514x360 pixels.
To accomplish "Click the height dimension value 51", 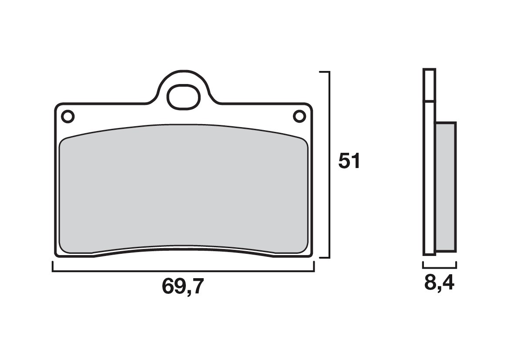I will pos(349,162).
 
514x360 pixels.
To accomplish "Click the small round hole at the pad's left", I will pos(68,117).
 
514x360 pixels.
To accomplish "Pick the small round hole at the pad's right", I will pos(299,116).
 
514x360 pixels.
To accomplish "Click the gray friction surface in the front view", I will pos(183,192).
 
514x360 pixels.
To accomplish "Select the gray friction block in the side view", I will pos(446,187).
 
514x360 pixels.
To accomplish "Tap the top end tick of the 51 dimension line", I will pos(324,71).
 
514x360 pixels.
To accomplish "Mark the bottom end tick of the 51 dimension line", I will pos(324,258).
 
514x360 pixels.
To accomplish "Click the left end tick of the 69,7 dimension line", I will pos(53,266).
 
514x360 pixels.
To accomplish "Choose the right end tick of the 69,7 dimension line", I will pos(314,266).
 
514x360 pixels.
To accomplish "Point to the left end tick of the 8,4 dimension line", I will pos(423,265).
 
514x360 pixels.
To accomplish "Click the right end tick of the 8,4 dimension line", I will pos(456,265).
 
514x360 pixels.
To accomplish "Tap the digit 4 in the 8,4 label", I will pos(447,284).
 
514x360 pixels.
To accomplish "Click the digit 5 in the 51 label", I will pos(345,162).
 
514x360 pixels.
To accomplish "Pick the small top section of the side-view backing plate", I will pos(429,85).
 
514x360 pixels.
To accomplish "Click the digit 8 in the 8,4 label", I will pos(430,284).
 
